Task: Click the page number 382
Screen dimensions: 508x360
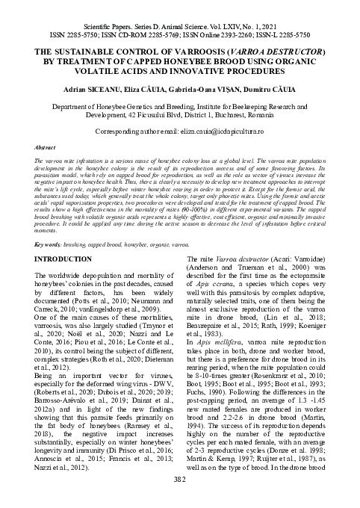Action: point(180,501)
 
